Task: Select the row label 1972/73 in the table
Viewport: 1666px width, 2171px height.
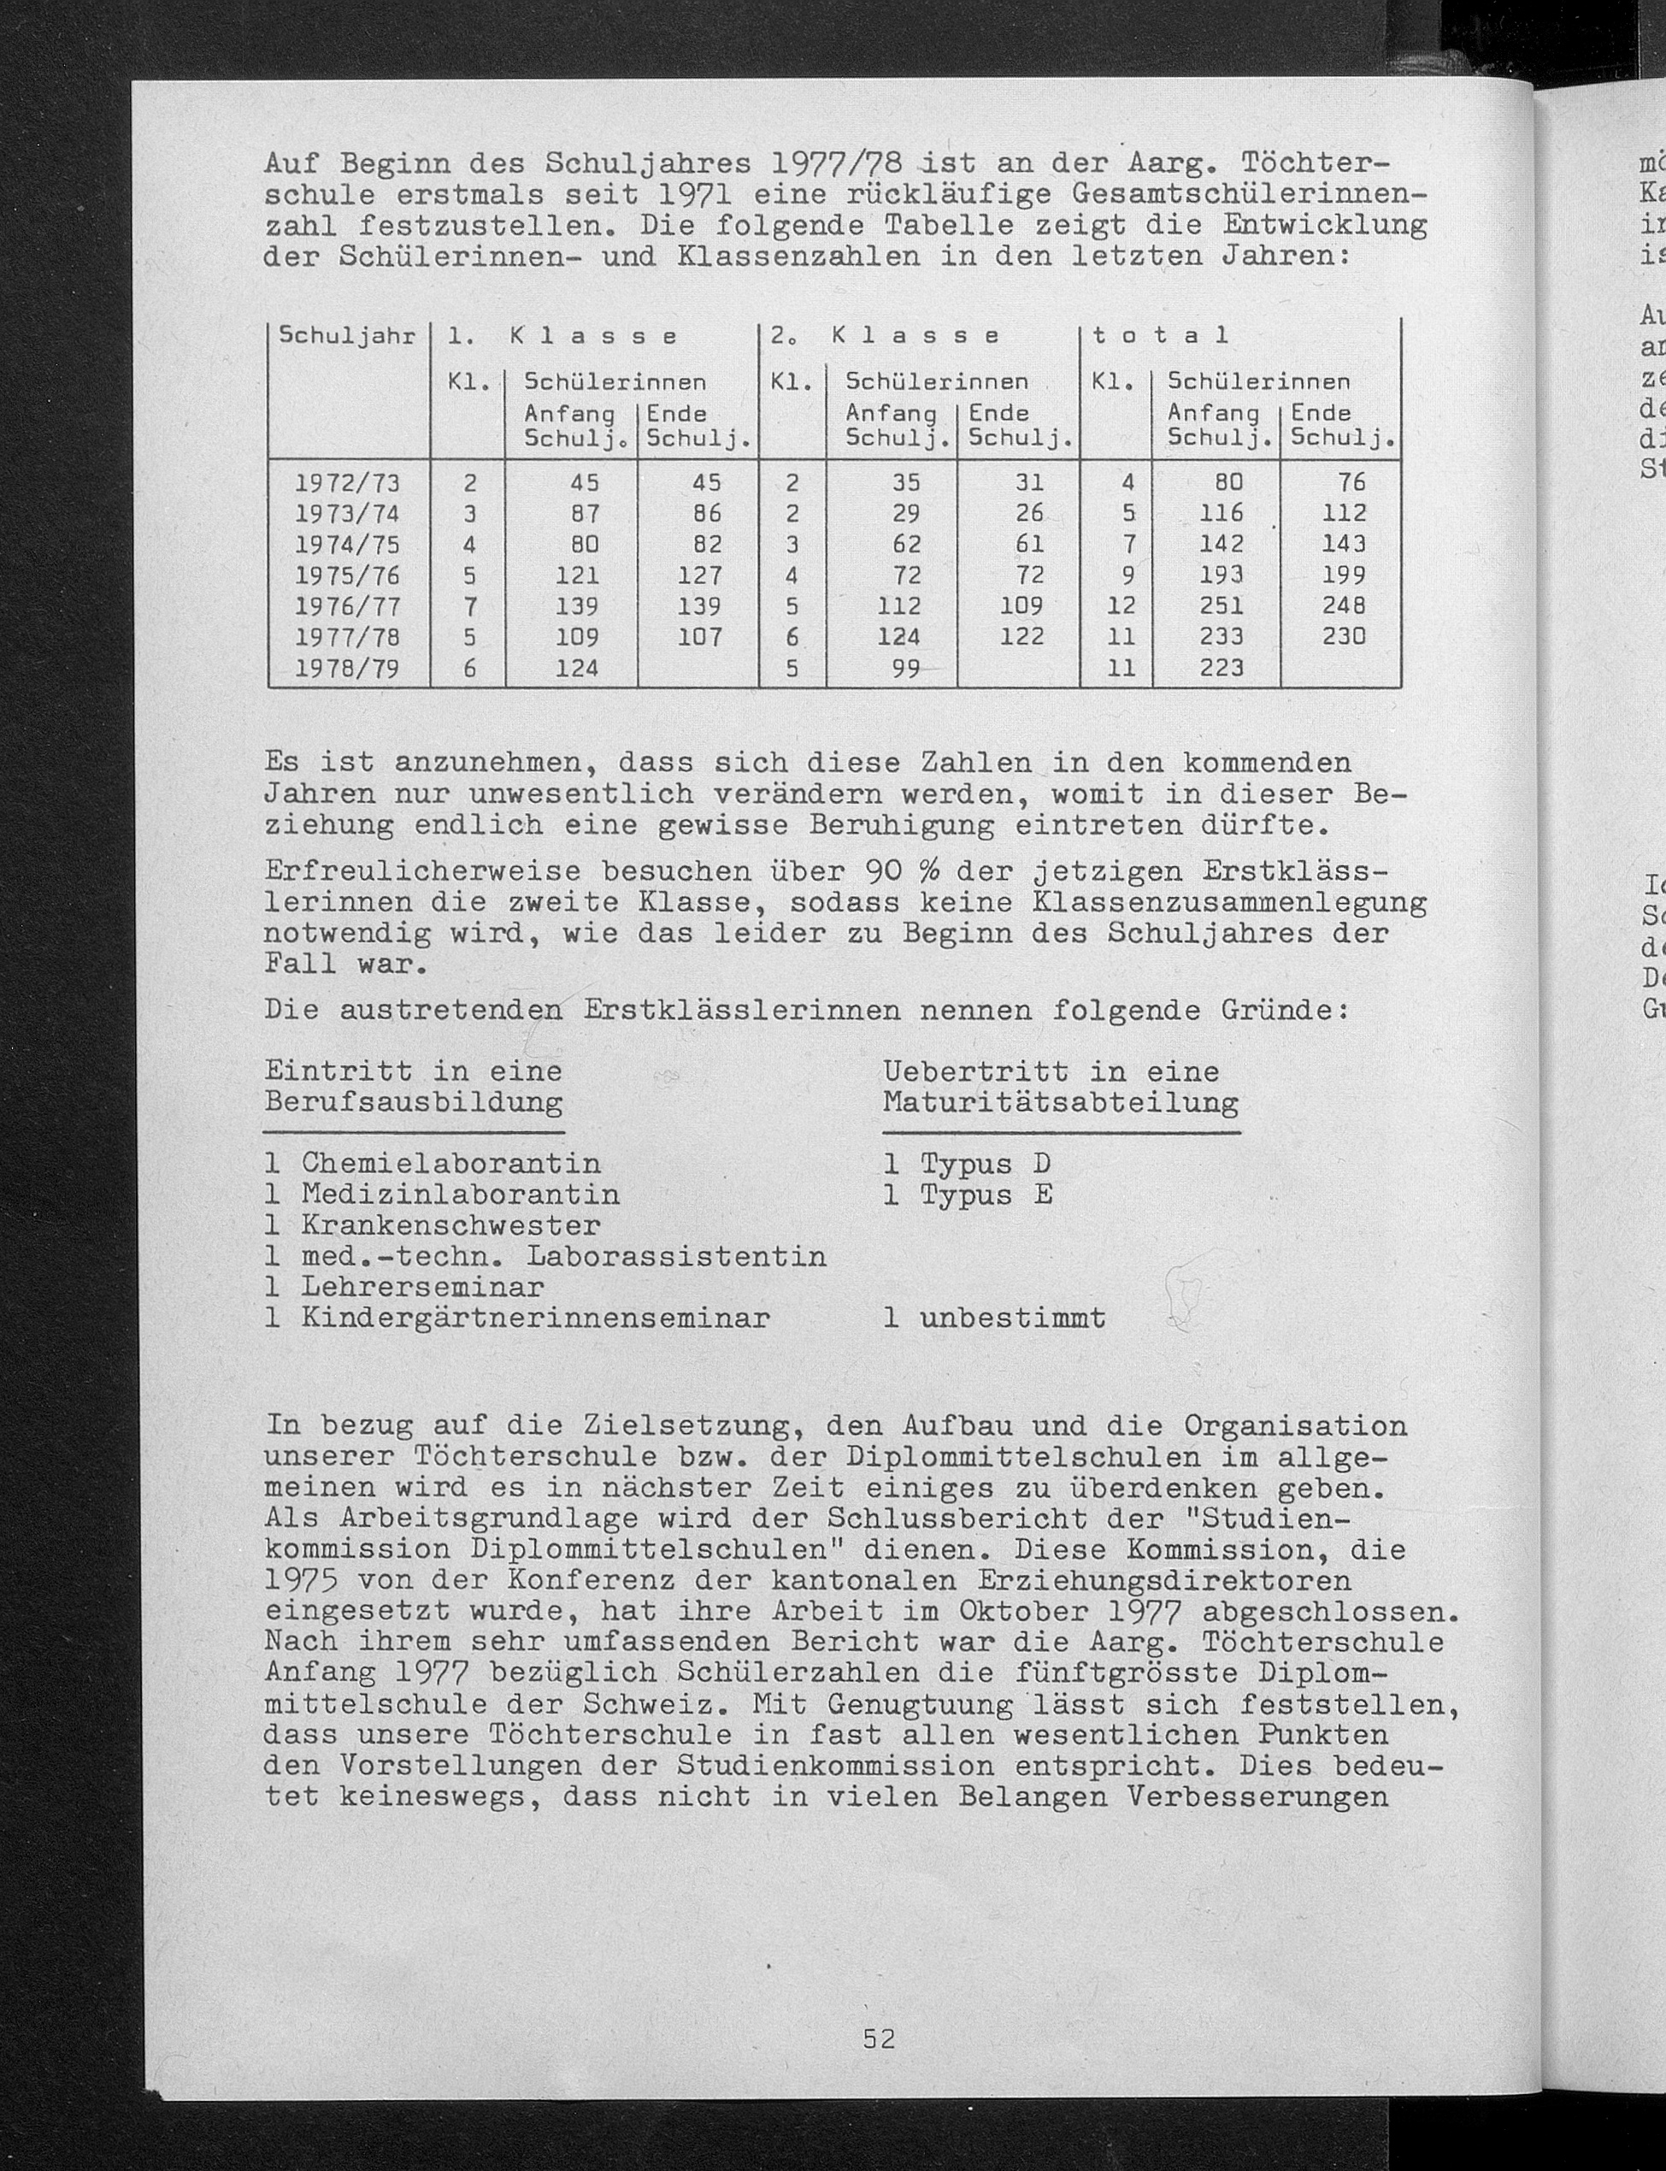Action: pos(347,483)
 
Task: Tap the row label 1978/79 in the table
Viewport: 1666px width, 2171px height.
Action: pos(347,669)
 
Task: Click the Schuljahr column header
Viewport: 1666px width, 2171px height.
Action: pos(347,335)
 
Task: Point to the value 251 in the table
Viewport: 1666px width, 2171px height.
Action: pos(1221,606)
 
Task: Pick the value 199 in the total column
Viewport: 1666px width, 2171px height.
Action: pos(1344,575)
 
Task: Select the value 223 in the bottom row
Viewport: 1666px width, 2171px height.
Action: pos(1221,669)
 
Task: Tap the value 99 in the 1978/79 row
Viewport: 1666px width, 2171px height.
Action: pos(905,669)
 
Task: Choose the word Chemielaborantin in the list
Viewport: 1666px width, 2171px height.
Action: pos(451,1164)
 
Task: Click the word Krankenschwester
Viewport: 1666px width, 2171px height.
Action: pos(451,1226)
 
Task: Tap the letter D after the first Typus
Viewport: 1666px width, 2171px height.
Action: pos(1041,1164)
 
